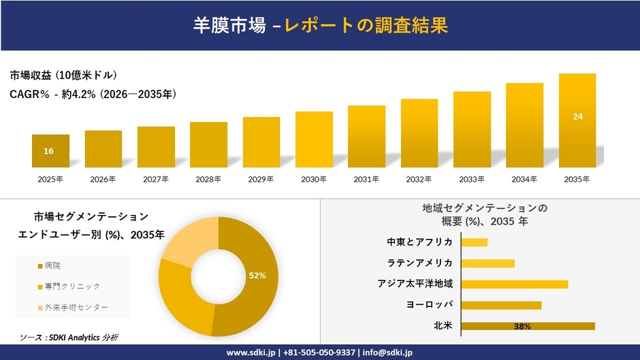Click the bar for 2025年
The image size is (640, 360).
pyautogui.click(x=50, y=150)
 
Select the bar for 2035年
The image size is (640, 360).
pyautogui.click(x=577, y=120)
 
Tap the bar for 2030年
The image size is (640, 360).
pyautogui.click(x=314, y=140)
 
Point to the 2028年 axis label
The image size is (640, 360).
pyautogui.click(x=208, y=180)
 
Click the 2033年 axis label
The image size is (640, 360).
pyautogui.click(x=472, y=180)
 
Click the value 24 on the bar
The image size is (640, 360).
pyautogui.click(x=577, y=117)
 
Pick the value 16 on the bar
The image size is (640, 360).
pyautogui.click(x=48, y=151)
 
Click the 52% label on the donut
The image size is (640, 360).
pyautogui.click(x=257, y=276)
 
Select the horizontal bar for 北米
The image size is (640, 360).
pyautogui.click(x=528, y=326)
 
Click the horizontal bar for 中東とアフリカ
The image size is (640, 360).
pyautogui.click(x=475, y=242)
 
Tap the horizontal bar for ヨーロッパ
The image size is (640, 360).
pyautogui.click(x=501, y=305)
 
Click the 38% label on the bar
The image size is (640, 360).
pyautogui.click(x=522, y=327)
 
